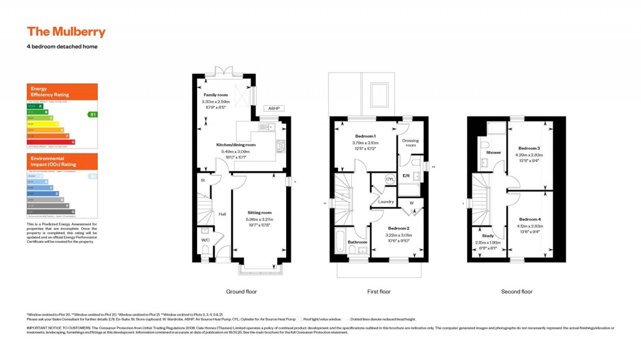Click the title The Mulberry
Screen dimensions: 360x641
click(66, 32)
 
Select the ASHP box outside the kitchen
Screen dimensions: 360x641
click(273, 108)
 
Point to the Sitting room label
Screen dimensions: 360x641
click(259, 212)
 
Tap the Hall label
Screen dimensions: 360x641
click(222, 214)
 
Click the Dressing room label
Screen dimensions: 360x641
click(409, 143)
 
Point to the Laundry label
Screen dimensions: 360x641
click(386, 201)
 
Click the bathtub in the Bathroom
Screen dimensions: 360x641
click(340, 239)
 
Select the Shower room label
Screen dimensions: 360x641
click(493, 152)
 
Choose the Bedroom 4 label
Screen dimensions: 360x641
click(529, 219)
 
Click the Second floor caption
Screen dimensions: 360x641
click(516, 292)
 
